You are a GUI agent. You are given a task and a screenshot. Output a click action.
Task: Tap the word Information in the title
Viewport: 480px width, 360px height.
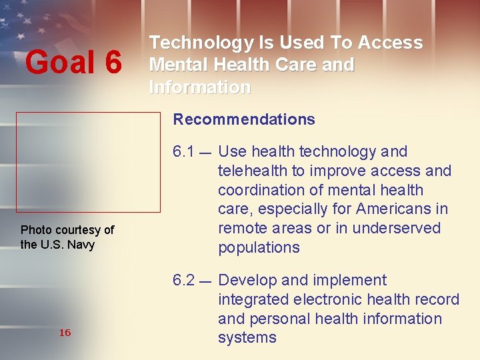(200, 87)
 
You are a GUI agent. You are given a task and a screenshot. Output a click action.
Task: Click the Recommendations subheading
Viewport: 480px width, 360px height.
(244, 120)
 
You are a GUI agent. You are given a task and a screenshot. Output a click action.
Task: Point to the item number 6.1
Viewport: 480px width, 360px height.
(183, 152)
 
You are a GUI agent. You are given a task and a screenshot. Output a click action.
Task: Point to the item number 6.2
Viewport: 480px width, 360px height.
(183, 280)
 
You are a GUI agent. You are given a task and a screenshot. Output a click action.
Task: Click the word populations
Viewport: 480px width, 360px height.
(259, 247)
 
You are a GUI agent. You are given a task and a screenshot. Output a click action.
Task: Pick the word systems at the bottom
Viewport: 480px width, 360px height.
(247, 338)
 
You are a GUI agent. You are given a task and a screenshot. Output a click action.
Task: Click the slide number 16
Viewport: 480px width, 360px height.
(65, 333)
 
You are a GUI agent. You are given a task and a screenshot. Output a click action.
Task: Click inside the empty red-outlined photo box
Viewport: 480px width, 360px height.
(88, 162)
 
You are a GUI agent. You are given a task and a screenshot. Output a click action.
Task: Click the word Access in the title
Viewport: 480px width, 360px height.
(389, 43)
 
